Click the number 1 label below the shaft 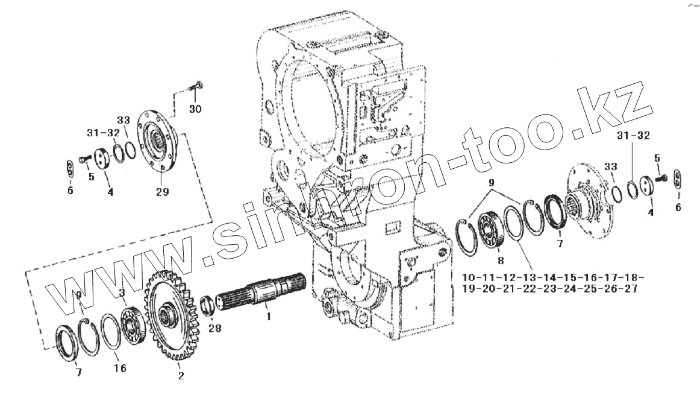click(x=269, y=315)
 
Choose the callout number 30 click(x=195, y=109)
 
